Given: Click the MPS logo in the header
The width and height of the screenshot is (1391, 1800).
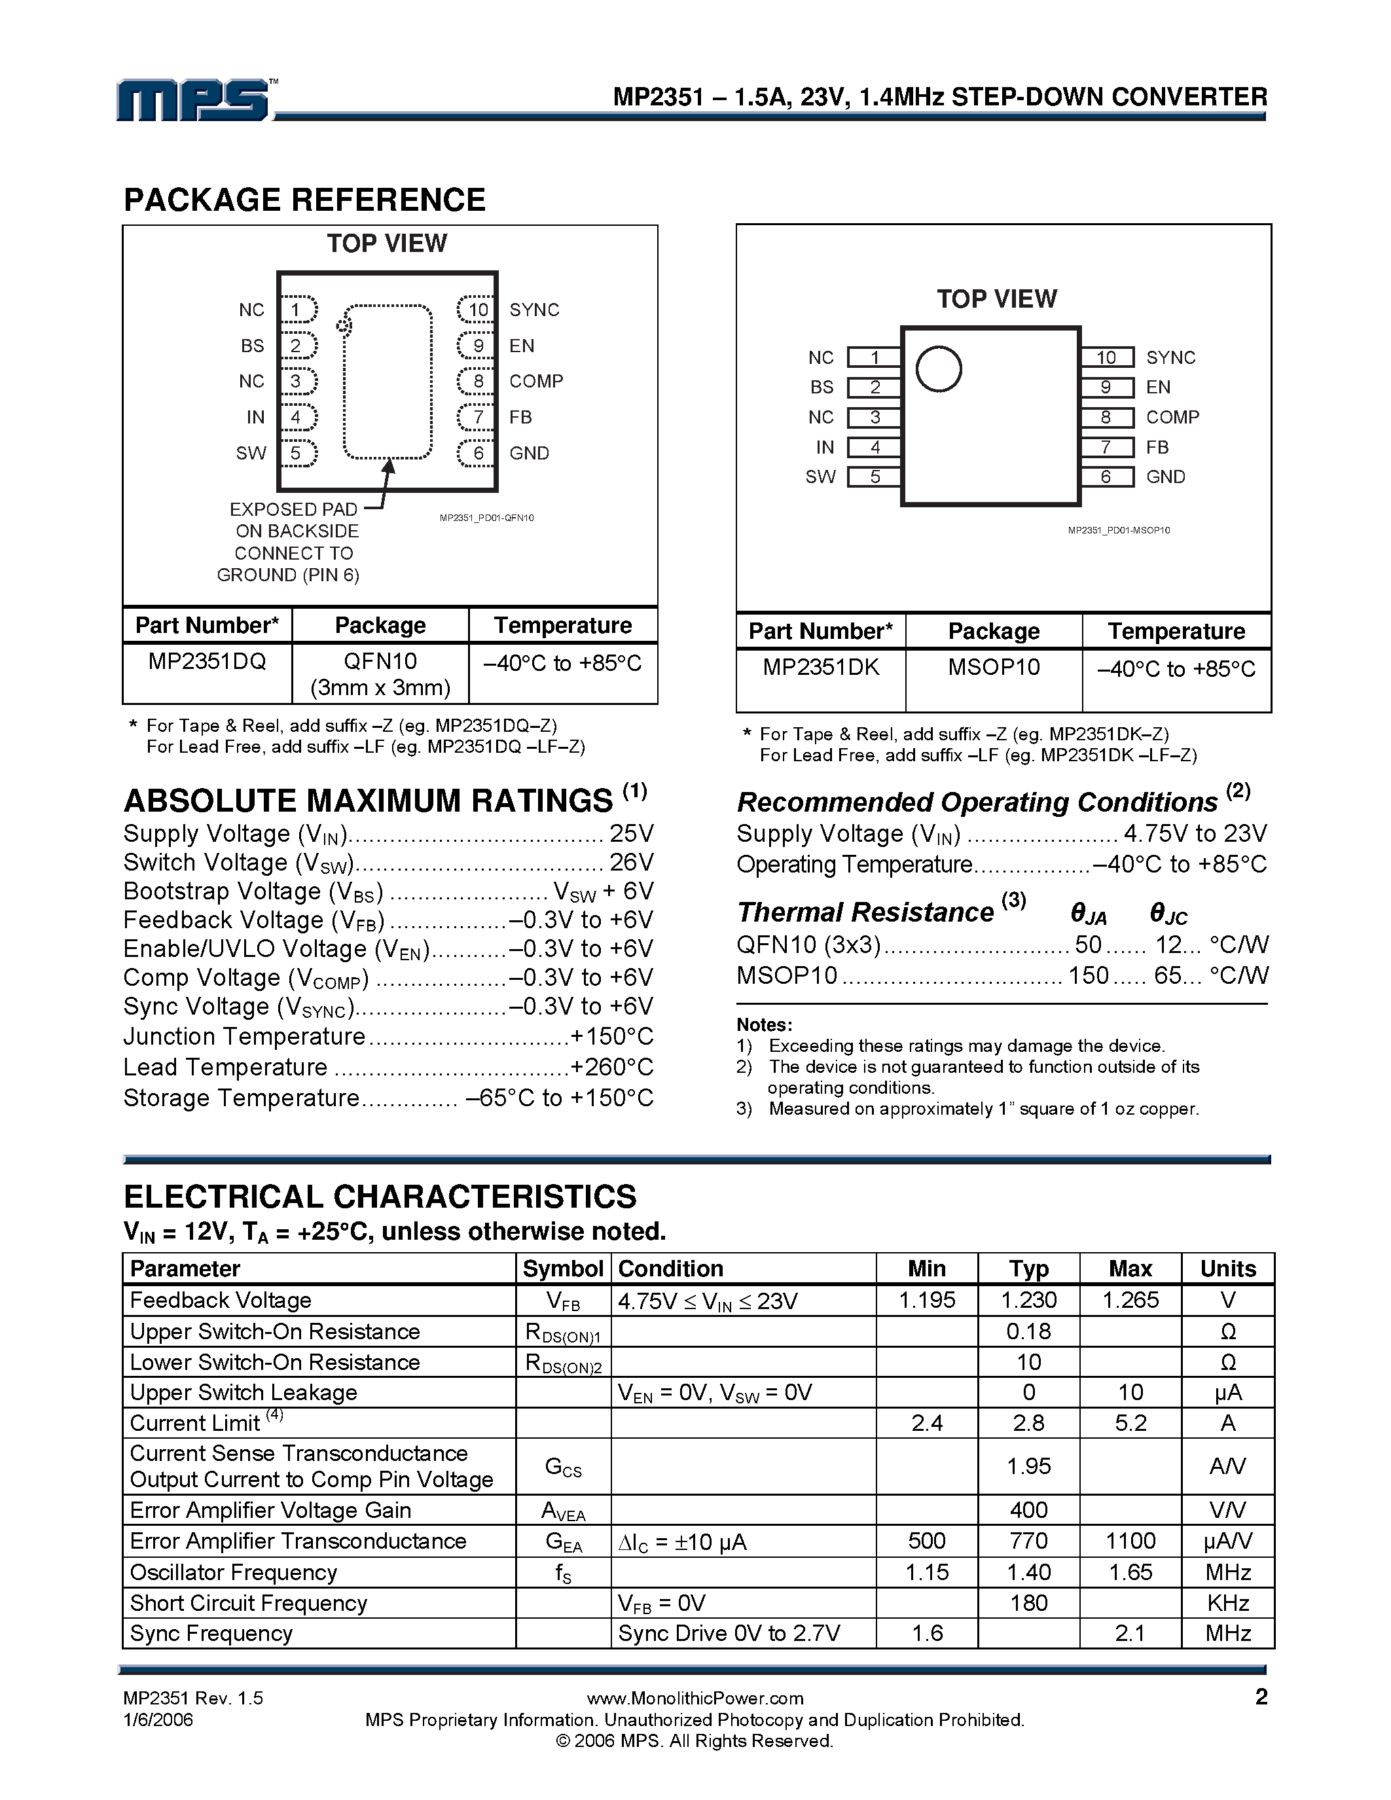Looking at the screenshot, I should click(194, 101).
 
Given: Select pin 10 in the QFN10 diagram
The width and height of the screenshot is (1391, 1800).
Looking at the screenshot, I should click(477, 310).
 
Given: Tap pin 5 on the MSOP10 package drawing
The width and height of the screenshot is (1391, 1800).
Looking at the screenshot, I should click(875, 477).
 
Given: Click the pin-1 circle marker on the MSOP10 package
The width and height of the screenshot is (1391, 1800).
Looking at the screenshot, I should click(939, 369).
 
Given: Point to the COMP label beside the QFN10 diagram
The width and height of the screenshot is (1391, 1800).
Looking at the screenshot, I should click(535, 382).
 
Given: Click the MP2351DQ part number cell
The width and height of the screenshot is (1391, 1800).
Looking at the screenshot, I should click(207, 662).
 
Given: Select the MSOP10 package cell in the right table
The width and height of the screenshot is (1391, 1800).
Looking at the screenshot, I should click(993, 668).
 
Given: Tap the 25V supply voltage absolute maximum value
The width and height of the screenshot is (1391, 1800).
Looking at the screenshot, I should click(631, 833).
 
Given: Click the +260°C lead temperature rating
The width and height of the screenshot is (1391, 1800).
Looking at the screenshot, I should click(611, 1068).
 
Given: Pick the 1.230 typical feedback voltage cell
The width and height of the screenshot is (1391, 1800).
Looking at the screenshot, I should click(1028, 1301).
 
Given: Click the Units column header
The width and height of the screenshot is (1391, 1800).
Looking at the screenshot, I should click(1227, 1269).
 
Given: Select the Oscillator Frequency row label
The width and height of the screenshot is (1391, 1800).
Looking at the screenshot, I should click(233, 1572).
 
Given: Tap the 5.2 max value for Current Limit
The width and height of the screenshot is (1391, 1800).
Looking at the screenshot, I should click(1130, 1424).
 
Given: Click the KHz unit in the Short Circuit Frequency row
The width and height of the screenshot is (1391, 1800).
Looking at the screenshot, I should click(1227, 1603).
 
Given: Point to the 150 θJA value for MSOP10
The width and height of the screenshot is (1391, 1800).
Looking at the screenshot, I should click(1088, 976).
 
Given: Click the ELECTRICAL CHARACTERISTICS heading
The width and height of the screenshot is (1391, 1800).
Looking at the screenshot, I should click(380, 1197).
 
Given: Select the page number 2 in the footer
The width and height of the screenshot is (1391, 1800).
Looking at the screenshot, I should click(1261, 1697).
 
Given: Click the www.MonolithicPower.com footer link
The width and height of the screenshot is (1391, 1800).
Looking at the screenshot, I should click(695, 1699).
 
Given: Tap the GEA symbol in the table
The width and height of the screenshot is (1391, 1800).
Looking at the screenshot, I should click(563, 1542).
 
